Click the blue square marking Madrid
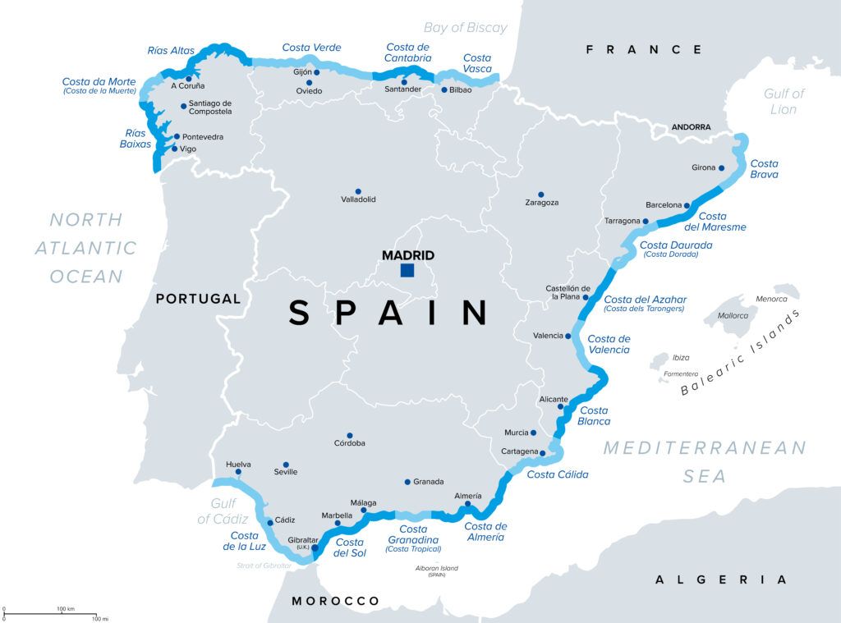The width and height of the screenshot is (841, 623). coord(407,270)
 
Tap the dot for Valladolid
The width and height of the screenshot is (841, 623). coord(358,190)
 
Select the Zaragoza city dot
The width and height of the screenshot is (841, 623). coord(540,195)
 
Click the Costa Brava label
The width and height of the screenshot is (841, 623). coord(764,168)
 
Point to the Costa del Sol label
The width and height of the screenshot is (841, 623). coord(350,547)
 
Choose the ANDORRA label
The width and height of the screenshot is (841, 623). coord(691,127)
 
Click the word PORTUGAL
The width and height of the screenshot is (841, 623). coord(198,299)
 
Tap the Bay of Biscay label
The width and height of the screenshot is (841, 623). coord(466,28)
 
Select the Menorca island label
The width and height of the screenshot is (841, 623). coord(771,299)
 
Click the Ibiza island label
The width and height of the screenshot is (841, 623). coord(681,358)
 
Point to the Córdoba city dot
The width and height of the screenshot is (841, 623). coord(350,436)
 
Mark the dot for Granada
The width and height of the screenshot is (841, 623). coord(407,482)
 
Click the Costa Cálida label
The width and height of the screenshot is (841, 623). coord(557,474)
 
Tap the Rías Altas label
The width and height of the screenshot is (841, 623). coord(171,50)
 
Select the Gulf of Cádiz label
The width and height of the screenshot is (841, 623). coord(217,511)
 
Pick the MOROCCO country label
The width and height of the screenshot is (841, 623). coord(336,601)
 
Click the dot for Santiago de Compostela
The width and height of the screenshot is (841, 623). coord(183,106)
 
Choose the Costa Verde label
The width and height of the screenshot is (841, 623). coord(311,48)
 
